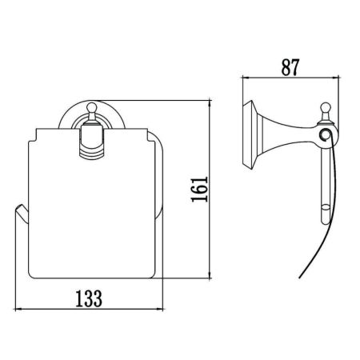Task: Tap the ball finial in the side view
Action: (x=326, y=105)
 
